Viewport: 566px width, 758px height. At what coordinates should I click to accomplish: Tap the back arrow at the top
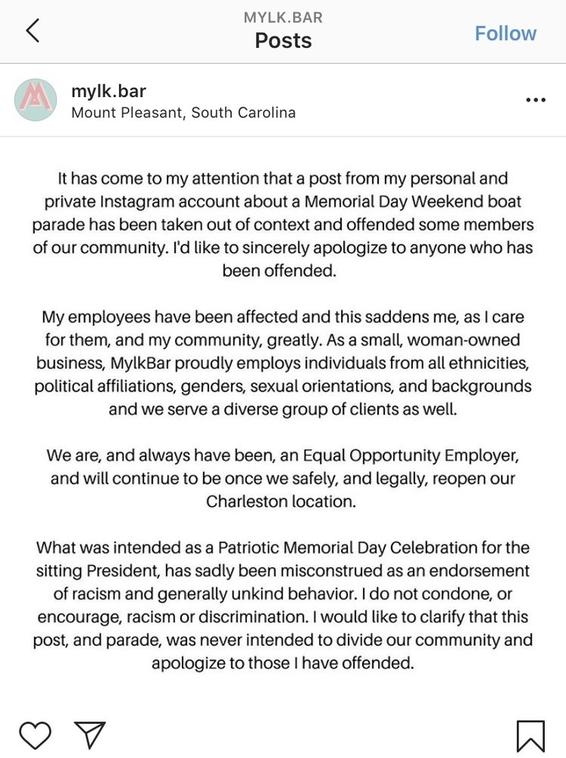click(32, 31)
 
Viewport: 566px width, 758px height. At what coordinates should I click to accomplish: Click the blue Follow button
click(505, 33)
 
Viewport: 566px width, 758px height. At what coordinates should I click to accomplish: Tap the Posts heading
click(283, 40)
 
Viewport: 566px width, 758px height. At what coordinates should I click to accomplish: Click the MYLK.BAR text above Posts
click(283, 17)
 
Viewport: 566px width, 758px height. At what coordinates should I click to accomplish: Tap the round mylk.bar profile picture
click(36, 100)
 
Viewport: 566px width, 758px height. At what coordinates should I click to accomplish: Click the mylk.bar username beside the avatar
click(108, 92)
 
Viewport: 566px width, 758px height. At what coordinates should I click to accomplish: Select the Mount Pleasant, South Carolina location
click(183, 113)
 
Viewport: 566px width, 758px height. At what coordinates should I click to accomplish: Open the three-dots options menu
click(535, 100)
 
